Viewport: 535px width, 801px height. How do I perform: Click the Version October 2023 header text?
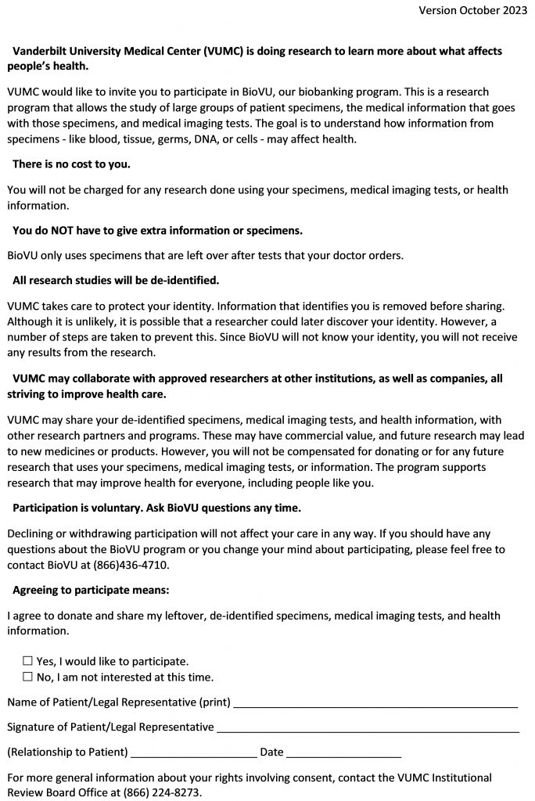pyautogui.click(x=472, y=10)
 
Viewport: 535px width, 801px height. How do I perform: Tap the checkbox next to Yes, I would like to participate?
pyautogui.click(x=28, y=661)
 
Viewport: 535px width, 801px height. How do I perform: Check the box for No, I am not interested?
pyautogui.click(x=28, y=677)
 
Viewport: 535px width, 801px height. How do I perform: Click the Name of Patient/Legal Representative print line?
pyautogui.click(x=375, y=706)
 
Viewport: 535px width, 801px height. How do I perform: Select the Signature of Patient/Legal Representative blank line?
pyautogui.click(x=368, y=731)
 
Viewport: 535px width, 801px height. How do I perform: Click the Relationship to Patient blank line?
pyautogui.click(x=194, y=756)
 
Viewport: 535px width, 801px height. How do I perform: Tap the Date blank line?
pyautogui.click(x=344, y=756)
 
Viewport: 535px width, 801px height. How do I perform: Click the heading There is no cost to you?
pyautogui.click(x=71, y=164)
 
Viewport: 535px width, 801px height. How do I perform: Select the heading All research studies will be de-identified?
pyautogui.click(x=116, y=280)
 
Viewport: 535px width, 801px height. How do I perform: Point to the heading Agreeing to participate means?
pyautogui.click(x=91, y=590)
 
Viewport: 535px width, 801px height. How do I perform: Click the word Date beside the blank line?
pyautogui.click(x=271, y=753)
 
